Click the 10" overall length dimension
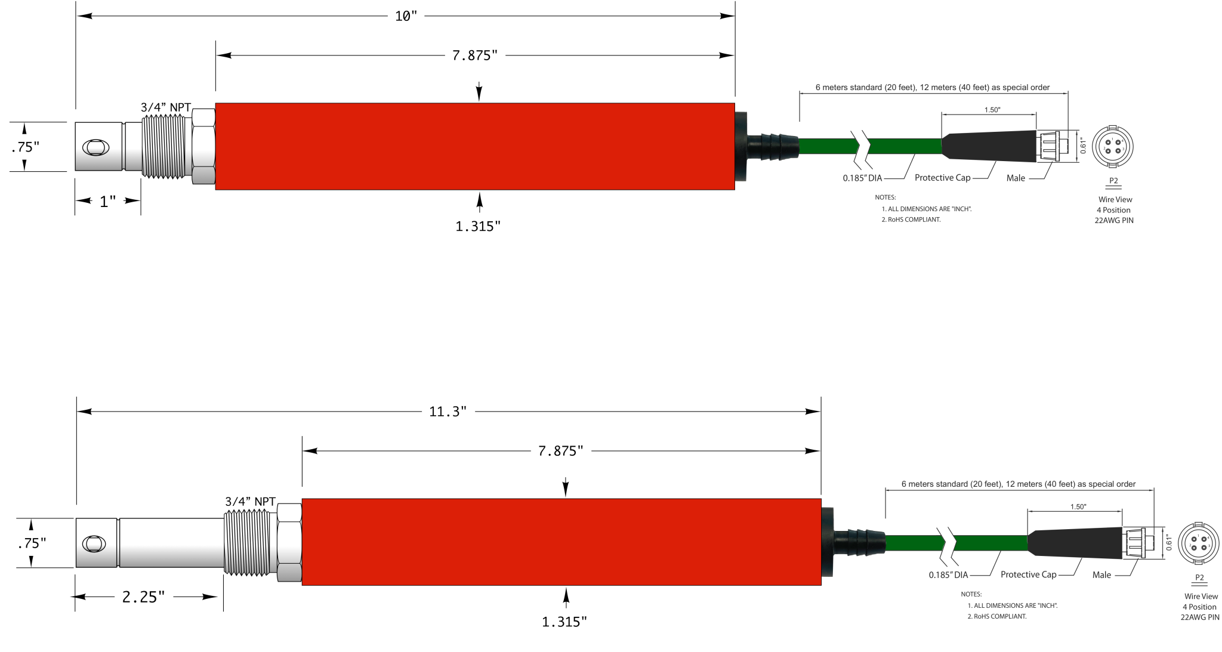click(x=406, y=16)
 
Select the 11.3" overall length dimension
click(x=448, y=412)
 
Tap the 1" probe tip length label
click(x=107, y=202)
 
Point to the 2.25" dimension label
click(x=143, y=597)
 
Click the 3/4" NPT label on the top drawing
click(x=166, y=107)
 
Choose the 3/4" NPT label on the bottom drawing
click(x=251, y=502)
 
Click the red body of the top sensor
click(x=474, y=147)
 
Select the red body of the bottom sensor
click(x=561, y=542)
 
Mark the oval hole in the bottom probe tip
click(x=94, y=544)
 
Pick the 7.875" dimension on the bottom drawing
click(x=560, y=451)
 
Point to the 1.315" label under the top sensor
click(x=477, y=227)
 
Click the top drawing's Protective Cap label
click(x=942, y=178)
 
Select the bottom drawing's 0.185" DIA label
click(x=948, y=575)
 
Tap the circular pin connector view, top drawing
click(x=1112, y=147)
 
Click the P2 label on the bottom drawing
click(x=1199, y=577)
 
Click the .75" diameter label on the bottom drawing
click(x=32, y=543)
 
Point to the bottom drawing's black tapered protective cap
click(x=1075, y=543)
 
